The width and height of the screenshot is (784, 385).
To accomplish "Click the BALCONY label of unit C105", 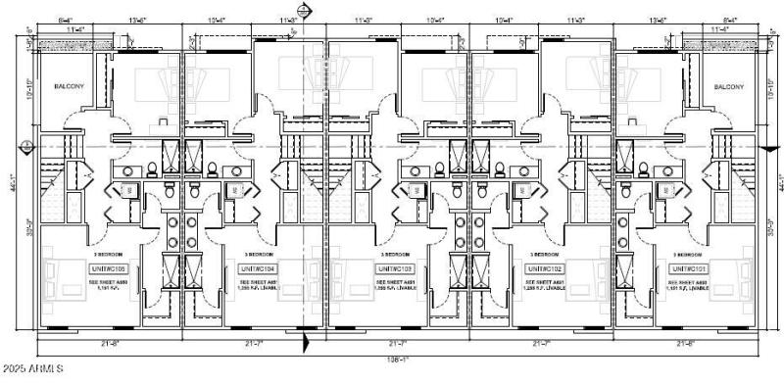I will tap(68, 86).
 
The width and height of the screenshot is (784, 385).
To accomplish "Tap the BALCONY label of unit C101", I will tap(727, 86).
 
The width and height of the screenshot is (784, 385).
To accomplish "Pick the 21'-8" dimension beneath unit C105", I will tap(109, 343).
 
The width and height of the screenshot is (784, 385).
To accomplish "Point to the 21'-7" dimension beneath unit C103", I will tap(398, 343).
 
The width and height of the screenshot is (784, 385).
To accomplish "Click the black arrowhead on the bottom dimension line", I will tap(306, 343).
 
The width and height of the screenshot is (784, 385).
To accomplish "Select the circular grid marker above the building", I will tap(305, 10).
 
